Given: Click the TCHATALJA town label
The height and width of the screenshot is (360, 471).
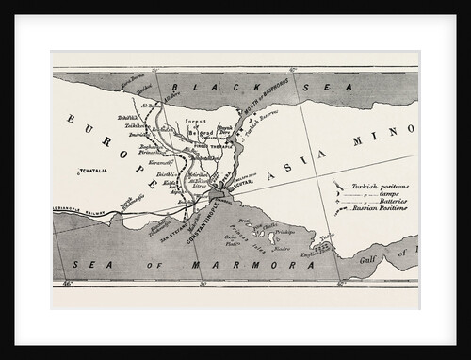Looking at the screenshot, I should pyautogui.click(x=95, y=172).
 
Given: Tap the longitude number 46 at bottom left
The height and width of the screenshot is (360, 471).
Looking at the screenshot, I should pyautogui.click(x=66, y=282).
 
